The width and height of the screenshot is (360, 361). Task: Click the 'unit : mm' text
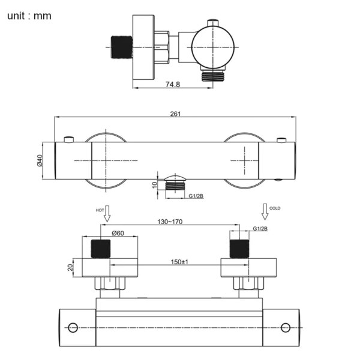click(x=29, y=16)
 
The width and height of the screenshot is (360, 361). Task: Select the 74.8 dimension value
click(x=172, y=85)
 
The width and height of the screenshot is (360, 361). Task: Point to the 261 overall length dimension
click(x=176, y=114)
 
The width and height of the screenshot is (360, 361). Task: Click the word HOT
click(x=100, y=210)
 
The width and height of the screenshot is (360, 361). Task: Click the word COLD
click(x=275, y=208)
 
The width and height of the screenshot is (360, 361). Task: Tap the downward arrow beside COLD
click(x=264, y=211)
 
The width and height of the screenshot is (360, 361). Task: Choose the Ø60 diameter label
click(x=118, y=233)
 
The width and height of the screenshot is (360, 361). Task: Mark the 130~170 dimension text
click(x=170, y=221)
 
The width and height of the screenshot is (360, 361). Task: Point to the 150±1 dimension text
click(x=179, y=262)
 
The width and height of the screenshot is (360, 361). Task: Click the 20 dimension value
click(x=70, y=267)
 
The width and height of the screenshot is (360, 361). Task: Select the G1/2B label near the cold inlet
click(x=260, y=229)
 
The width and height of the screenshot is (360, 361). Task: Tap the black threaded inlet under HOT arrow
click(x=101, y=249)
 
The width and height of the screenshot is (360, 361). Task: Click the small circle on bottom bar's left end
click(x=73, y=328)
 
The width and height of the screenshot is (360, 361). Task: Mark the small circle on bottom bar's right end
click(x=286, y=328)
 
